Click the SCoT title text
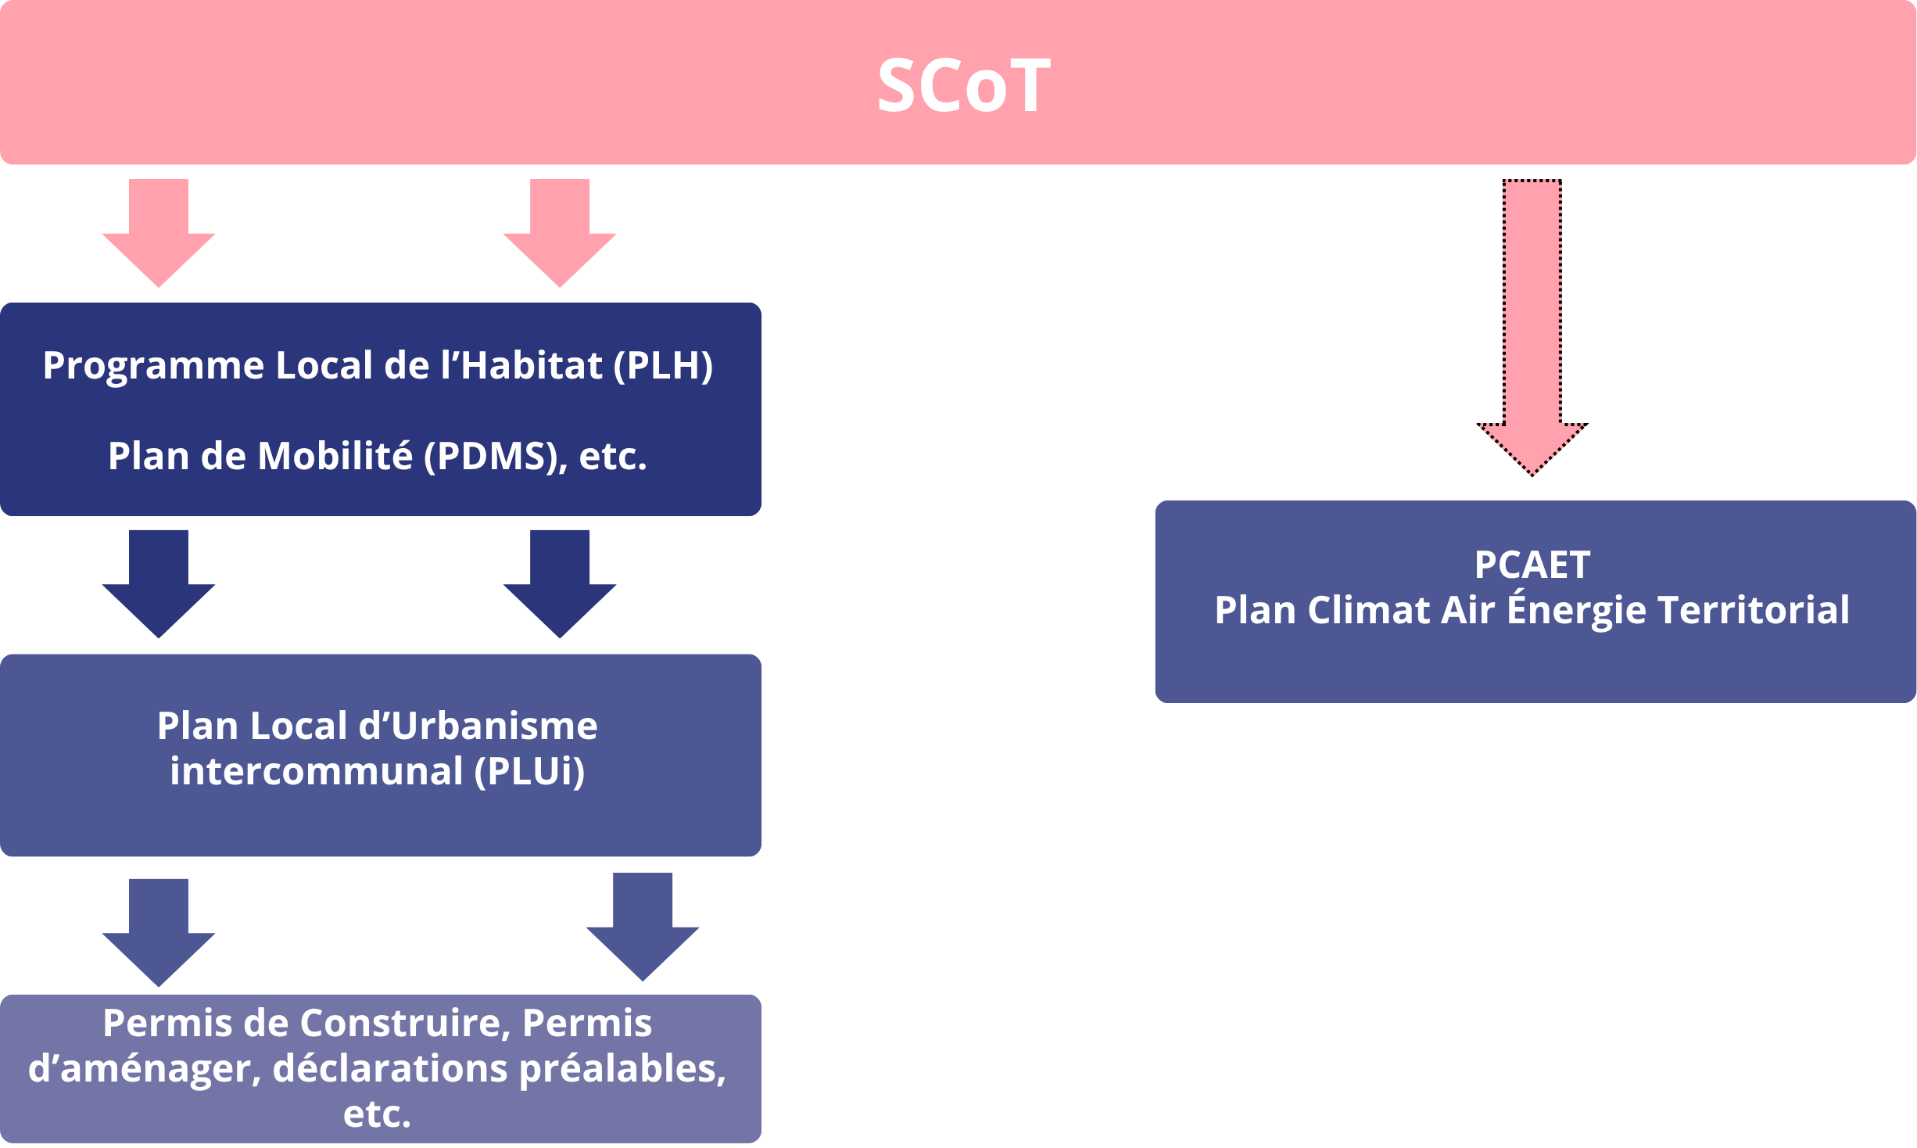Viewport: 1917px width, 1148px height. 963,85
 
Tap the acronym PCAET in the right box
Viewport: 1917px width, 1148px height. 1532,565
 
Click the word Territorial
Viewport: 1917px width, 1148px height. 1753,610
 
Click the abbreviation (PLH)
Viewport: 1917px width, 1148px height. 663,365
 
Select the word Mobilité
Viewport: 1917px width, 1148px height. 335,456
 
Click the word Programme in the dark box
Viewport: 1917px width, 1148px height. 153,365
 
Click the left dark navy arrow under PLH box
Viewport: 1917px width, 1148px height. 159,584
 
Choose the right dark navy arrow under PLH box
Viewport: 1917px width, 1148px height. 560,584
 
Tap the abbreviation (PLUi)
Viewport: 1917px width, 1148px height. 529,771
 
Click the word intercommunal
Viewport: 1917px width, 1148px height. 317,771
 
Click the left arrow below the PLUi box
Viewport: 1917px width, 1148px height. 159,933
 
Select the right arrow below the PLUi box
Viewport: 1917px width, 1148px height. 643,927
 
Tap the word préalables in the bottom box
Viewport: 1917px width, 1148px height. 622,1068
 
